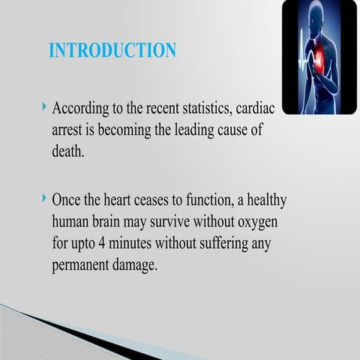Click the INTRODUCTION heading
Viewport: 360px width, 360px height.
click(x=112, y=50)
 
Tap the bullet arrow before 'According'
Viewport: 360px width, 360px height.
click(x=45, y=109)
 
